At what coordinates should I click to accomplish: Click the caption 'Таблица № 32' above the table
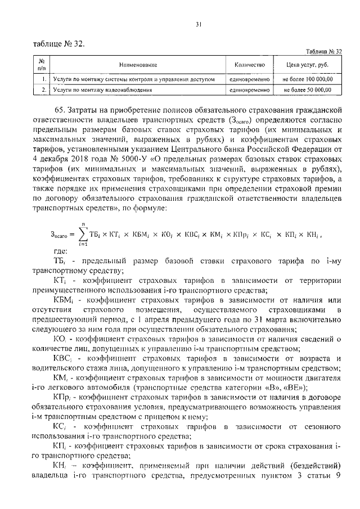click(324, 51)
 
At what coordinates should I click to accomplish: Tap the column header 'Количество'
click(247, 65)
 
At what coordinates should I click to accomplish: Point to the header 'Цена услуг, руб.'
click(308, 65)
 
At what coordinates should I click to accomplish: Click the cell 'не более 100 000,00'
click(308, 80)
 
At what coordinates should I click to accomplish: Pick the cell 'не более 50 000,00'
click(308, 89)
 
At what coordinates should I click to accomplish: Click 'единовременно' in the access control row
click(247, 80)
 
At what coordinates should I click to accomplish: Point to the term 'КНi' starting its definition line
click(59, 466)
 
